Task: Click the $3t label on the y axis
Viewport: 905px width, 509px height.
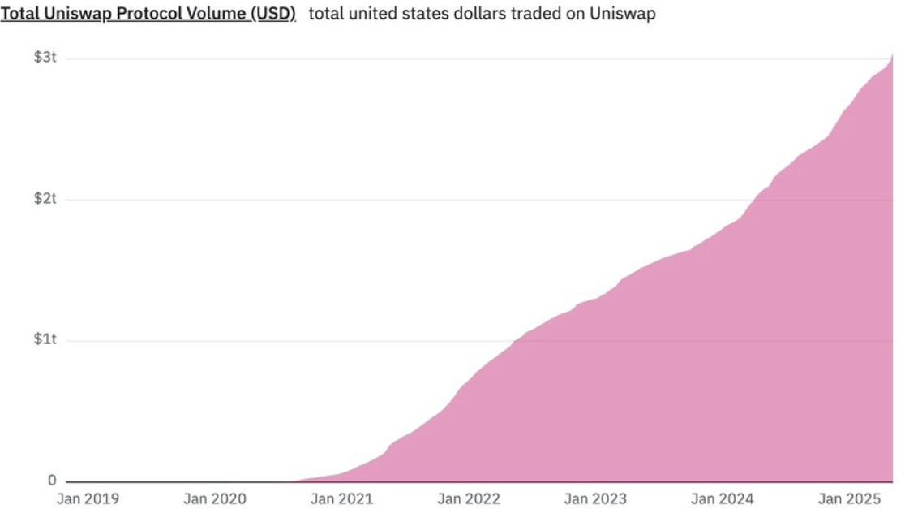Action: pos(45,58)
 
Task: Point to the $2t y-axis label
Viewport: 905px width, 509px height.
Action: pos(45,199)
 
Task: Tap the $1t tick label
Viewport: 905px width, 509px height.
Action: pos(45,339)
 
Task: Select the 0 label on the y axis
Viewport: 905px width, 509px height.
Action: pos(51,481)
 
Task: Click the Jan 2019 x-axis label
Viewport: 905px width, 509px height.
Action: pos(88,498)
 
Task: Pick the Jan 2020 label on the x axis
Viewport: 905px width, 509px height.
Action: pos(214,498)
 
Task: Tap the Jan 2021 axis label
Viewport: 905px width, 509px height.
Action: pos(341,498)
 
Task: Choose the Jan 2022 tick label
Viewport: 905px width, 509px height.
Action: pos(469,498)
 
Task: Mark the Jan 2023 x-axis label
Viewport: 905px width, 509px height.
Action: pos(595,498)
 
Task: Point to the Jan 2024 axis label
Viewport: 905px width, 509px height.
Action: pos(723,498)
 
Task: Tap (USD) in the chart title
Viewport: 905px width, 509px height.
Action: pos(271,14)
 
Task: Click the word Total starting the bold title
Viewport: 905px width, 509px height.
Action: pos(19,14)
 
